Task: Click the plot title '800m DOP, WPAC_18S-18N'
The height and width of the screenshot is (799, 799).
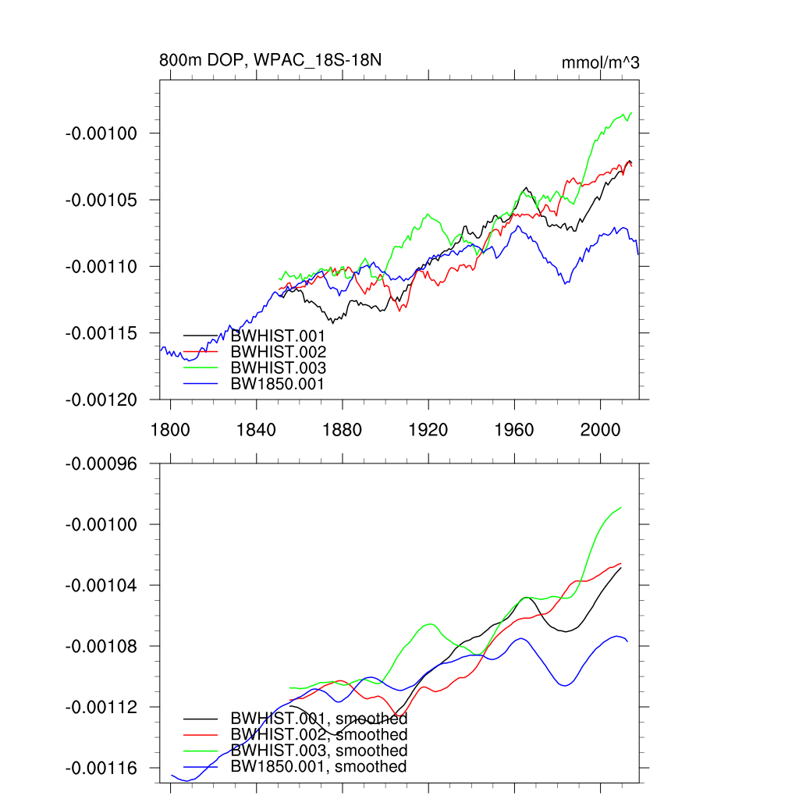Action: (270, 60)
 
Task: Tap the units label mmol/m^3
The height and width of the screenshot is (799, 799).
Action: (600, 62)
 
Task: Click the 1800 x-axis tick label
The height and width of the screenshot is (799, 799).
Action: (170, 430)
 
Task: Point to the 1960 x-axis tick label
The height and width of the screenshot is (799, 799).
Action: (515, 430)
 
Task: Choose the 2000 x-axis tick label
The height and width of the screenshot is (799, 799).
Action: (601, 430)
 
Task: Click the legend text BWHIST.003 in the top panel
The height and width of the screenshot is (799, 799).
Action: (278, 368)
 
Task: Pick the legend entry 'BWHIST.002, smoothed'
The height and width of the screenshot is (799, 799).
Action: (319, 734)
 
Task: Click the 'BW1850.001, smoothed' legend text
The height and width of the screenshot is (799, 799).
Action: (319, 767)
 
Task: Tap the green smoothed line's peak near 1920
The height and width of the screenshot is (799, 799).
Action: (430, 624)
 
